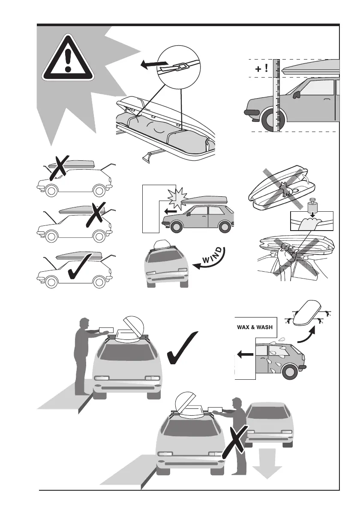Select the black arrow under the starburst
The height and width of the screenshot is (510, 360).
[x=170, y=211]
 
